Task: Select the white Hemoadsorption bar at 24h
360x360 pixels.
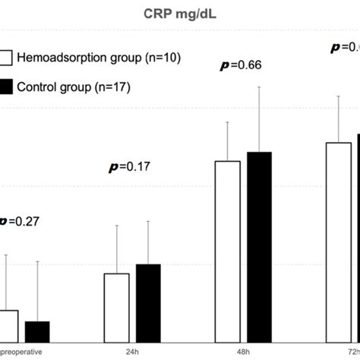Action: click(116, 307)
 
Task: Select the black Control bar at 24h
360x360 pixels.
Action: click(148, 302)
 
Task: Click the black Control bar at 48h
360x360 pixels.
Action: click(260, 246)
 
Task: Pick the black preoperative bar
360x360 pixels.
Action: click(36, 331)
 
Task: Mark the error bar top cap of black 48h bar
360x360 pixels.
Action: click(260, 87)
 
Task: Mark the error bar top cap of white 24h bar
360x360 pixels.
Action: click(116, 225)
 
